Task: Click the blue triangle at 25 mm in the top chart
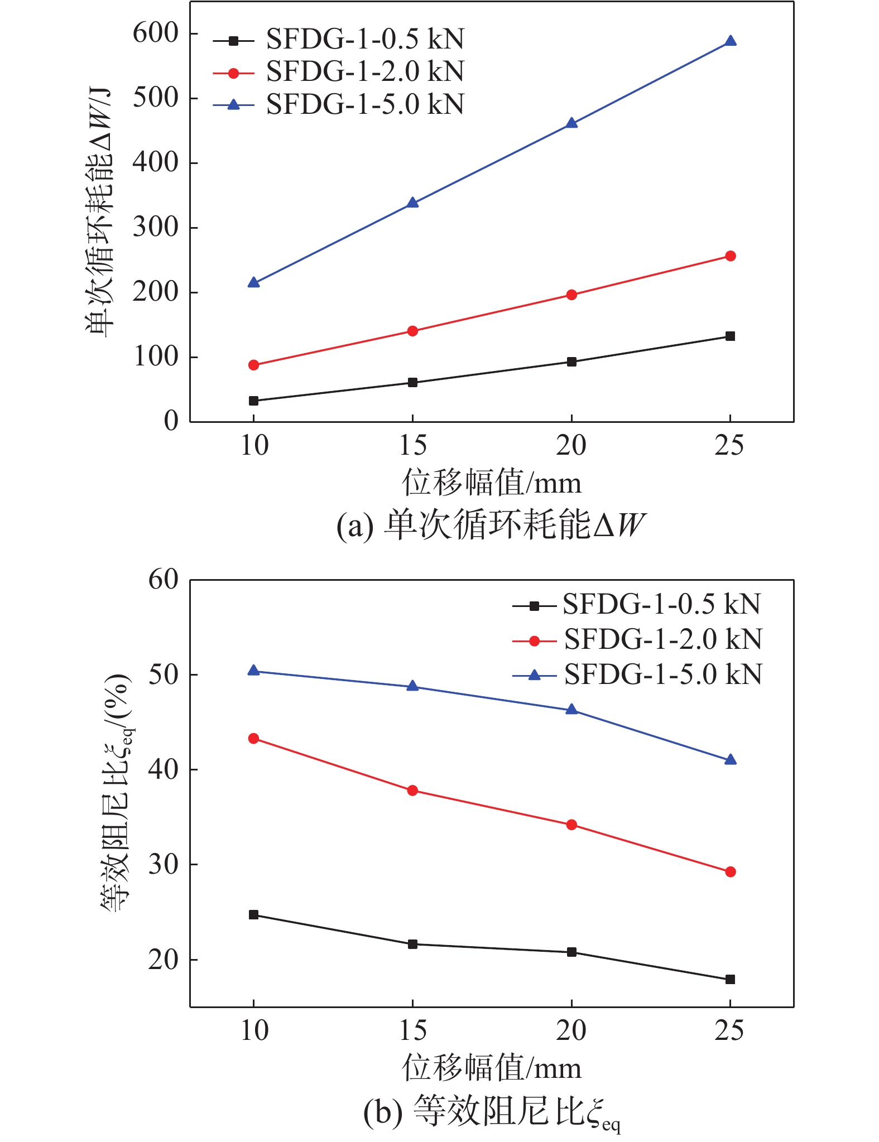pos(730,41)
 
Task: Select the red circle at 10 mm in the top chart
pos(253,365)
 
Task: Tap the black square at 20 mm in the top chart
pos(571,362)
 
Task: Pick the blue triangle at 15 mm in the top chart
pos(412,203)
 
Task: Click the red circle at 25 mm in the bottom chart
pos(730,871)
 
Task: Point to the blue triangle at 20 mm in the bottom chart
pos(571,710)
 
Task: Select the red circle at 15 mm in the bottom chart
pos(412,791)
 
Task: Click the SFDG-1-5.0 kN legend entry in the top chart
pos(364,104)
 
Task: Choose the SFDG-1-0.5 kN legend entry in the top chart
pos(364,39)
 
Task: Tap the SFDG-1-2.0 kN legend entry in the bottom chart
pos(662,639)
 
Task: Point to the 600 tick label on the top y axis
pos(155,33)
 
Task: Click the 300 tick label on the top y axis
pos(155,227)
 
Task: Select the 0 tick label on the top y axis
pos(171,421)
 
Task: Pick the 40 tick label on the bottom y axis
pos(163,769)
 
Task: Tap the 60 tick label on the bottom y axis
pos(163,580)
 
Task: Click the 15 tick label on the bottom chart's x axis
pos(412,1030)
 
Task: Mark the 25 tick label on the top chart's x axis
pos(729,445)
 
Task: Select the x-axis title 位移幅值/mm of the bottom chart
pos(491,1068)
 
